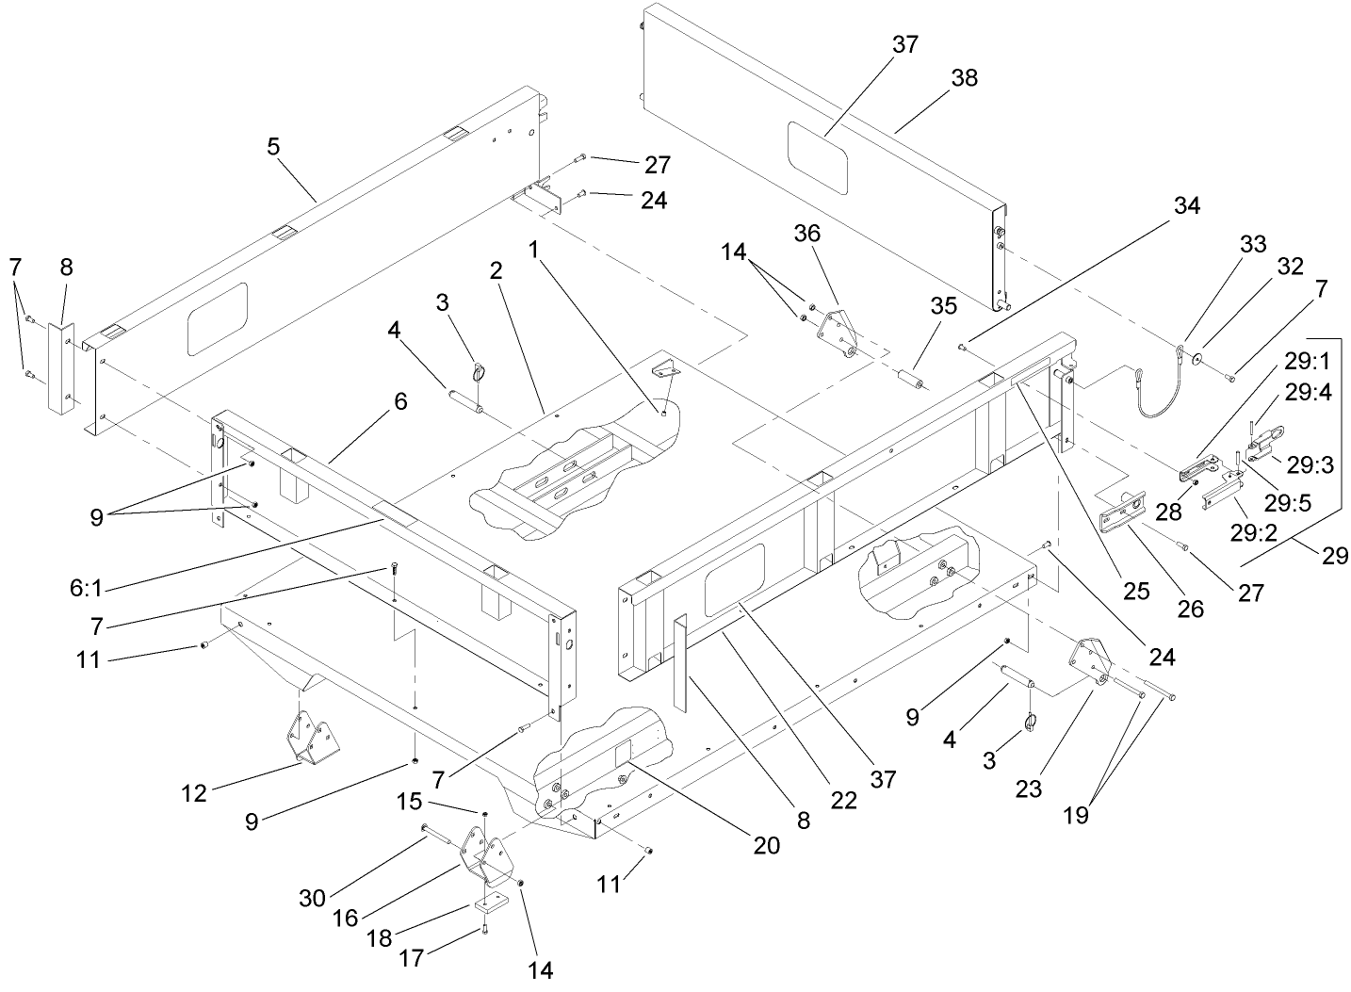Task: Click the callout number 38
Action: (964, 77)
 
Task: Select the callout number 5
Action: (274, 148)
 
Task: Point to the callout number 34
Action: (1186, 205)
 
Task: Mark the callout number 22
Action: (844, 799)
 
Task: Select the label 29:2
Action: (1252, 531)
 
